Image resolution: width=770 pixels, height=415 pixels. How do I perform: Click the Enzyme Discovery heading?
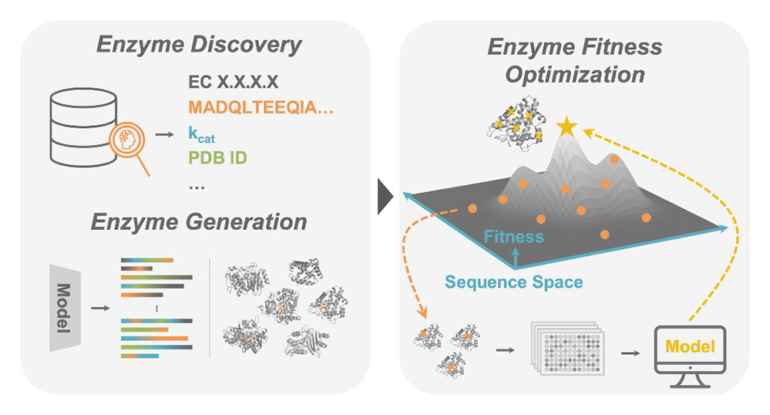click(199, 44)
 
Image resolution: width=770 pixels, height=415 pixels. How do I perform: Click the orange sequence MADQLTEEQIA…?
click(261, 109)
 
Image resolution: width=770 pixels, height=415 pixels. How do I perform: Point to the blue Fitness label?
click(514, 237)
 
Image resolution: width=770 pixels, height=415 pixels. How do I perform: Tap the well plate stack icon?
click(567, 348)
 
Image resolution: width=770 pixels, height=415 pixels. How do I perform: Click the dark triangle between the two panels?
click(385, 197)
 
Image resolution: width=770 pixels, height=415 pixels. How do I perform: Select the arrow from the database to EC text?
click(163, 134)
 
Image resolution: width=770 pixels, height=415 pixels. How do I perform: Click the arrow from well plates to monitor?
click(629, 352)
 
